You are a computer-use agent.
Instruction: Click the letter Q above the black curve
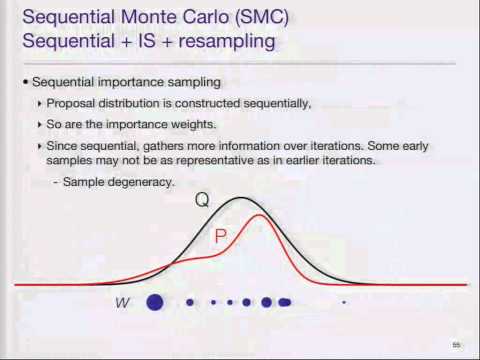pyautogui.click(x=202, y=199)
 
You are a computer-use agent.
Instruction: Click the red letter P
pyautogui.click(x=221, y=237)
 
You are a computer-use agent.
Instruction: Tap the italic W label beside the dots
pyautogui.click(x=122, y=301)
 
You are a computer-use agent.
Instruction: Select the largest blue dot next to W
pyautogui.click(x=154, y=301)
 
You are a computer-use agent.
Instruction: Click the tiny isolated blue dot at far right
pyautogui.click(x=344, y=301)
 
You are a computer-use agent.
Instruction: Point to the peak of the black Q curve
pyautogui.click(x=242, y=198)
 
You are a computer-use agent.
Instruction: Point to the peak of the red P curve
pyautogui.click(x=260, y=215)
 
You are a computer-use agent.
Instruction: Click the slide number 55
pyautogui.click(x=456, y=345)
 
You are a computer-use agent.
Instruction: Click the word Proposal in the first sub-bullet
pyautogui.click(x=70, y=104)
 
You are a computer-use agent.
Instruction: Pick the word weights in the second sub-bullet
pyautogui.click(x=187, y=124)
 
